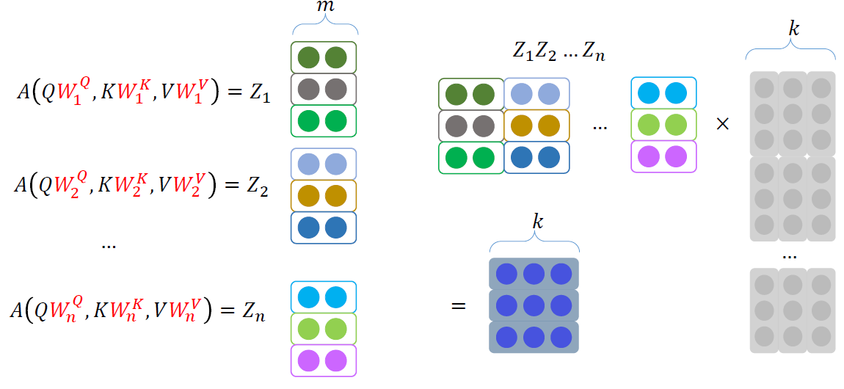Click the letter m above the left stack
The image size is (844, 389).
[324, 7]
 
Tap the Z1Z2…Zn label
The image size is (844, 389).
[559, 52]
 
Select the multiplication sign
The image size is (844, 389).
[722, 124]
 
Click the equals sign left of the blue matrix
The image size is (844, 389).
[459, 305]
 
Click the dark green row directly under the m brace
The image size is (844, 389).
[324, 57]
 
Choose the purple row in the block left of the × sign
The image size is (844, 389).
[663, 156]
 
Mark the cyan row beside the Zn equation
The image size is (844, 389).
[324, 297]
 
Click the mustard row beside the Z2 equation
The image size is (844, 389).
[324, 196]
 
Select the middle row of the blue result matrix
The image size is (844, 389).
[534, 305]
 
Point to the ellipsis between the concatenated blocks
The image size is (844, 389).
[600, 127]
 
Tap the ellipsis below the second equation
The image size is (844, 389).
[109, 244]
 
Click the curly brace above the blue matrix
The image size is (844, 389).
[534, 243]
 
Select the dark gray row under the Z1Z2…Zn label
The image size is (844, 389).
[470, 126]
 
